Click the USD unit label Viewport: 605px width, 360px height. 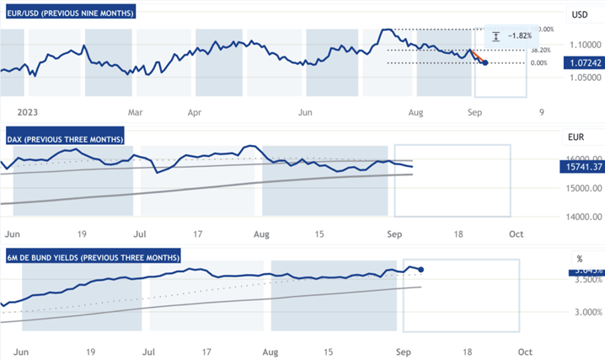point(580,14)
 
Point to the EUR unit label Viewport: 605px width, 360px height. point(578,136)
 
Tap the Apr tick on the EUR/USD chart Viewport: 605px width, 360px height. point(195,111)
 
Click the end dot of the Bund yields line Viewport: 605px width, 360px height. point(420,270)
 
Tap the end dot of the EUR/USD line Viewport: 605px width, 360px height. point(484,62)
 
